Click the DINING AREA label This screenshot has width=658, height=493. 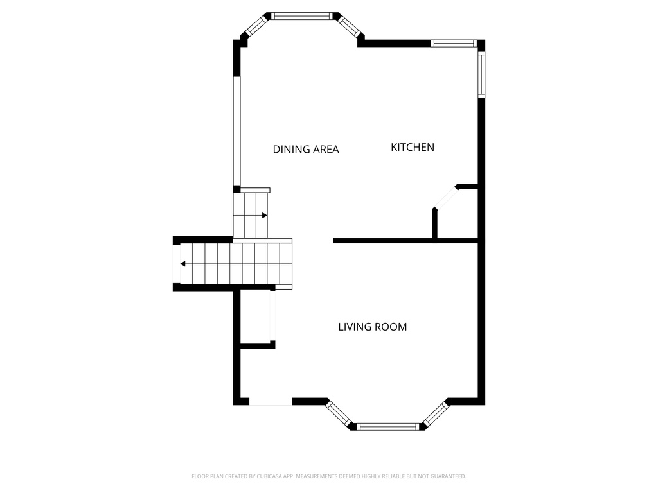pyautogui.click(x=306, y=150)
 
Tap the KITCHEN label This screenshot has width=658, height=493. pyautogui.click(x=413, y=147)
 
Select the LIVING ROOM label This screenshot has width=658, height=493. pyautogui.click(x=372, y=327)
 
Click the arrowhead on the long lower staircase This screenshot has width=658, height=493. pyautogui.click(x=183, y=264)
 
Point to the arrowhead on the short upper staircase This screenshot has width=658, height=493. pyautogui.click(x=264, y=215)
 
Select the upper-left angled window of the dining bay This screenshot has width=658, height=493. pyautogui.click(x=256, y=25)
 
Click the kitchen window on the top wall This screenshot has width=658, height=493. pyautogui.click(x=453, y=44)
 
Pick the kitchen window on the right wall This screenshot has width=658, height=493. pyautogui.click(x=481, y=74)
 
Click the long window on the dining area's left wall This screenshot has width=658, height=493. pyautogui.click(x=236, y=131)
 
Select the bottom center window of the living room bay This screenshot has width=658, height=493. pyautogui.click(x=388, y=426)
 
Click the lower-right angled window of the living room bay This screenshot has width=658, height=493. pyautogui.click(x=436, y=414)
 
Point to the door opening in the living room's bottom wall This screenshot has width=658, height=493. pyautogui.click(x=271, y=402)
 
